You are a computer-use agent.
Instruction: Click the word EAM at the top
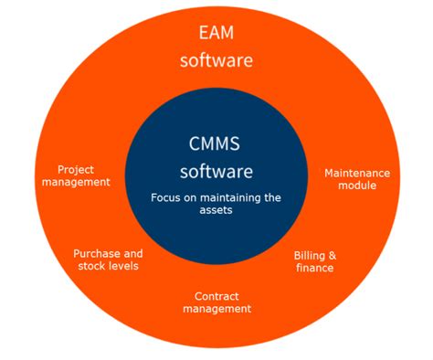point(216,34)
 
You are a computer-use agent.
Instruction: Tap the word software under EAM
point(216,61)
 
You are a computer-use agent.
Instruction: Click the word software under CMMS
point(216,171)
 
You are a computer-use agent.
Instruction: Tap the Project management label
point(77,175)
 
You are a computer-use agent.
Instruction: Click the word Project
point(77,169)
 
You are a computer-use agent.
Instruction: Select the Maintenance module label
point(357,179)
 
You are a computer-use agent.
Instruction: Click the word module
point(357,185)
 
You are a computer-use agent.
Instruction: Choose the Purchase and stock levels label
point(108,259)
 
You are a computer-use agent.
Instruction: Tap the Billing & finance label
point(313,261)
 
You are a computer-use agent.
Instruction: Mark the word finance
point(313,268)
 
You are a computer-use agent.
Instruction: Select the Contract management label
point(216,302)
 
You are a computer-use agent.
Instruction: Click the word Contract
point(216,296)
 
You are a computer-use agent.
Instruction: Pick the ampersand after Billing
point(331,255)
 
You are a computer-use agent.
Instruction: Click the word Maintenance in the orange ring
point(357,173)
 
